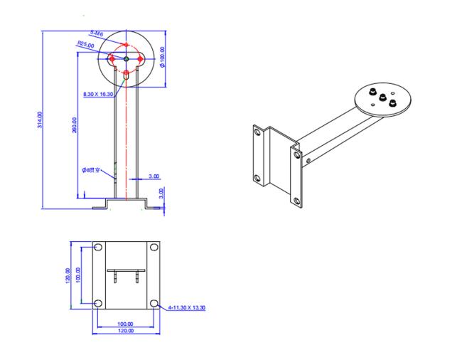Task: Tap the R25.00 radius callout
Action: click(x=86, y=44)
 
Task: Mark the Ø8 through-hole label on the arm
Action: click(x=91, y=170)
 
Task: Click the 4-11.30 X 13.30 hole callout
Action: click(x=186, y=308)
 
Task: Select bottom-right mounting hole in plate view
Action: click(x=154, y=304)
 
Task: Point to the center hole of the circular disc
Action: click(x=126, y=58)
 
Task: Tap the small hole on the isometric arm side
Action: click(x=309, y=162)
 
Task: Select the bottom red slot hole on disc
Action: click(x=126, y=73)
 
